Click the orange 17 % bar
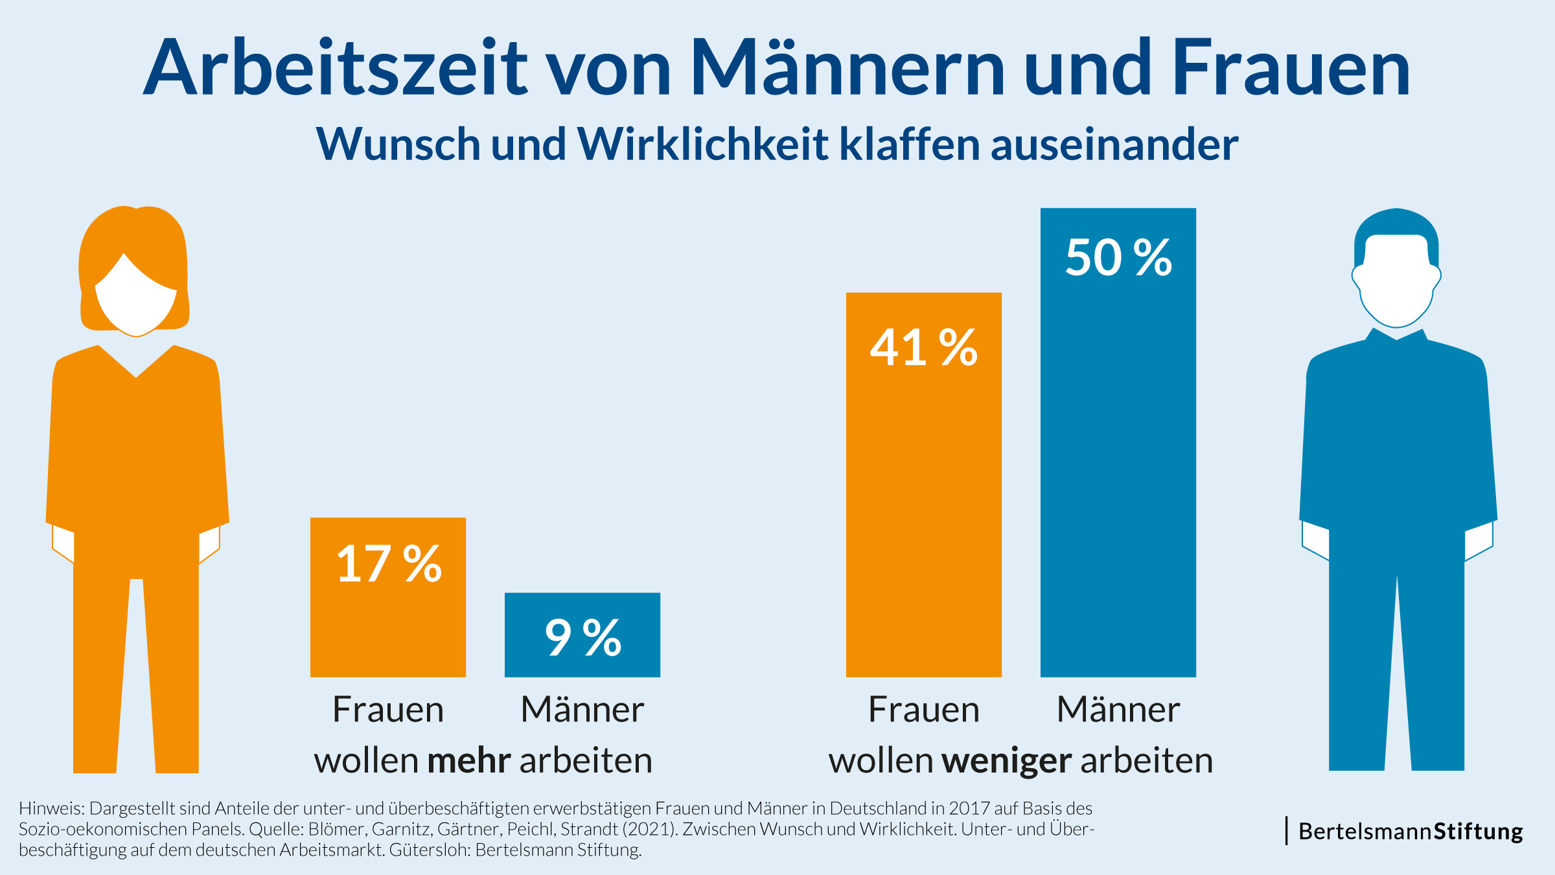pos(388,597)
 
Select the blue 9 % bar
pos(582,635)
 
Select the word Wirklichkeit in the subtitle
pos(702,144)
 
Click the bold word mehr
pos(469,760)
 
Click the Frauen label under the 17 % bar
pos(388,709)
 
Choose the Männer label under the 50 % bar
pos(1118,709)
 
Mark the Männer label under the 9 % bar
pos(582,709)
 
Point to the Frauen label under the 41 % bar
pos(924,709)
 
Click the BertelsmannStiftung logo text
pos(1411,831)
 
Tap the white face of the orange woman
pos(136,298)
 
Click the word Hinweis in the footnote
pos(51,808)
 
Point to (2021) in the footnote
pos(651,829)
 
